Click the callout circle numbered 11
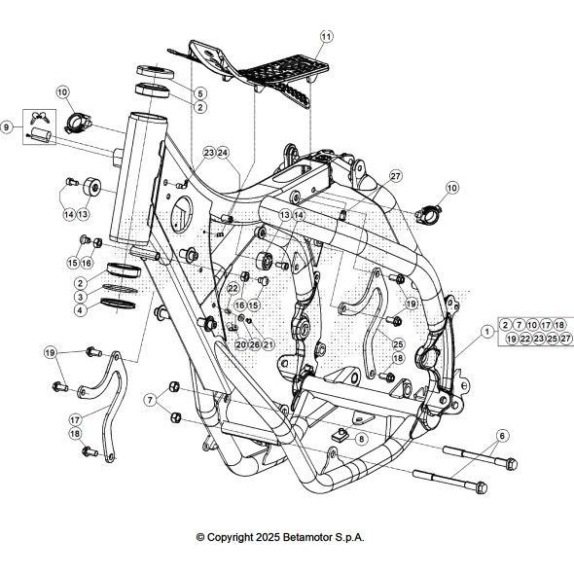tap(327, 36)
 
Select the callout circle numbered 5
tap(199, 93)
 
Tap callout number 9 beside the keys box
tap(6, 127)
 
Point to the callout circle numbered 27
tap(395, 176)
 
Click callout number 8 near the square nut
tap(361, 439)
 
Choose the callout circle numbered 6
tap(502, 436)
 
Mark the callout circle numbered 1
tap(486, 332)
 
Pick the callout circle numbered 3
tap(81, 296)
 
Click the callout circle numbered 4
tap(81, 310)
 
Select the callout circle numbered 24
tap(223, 153)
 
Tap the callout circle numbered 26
tap(255, 344)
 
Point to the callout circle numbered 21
tap(269, 344)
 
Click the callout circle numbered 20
tap(240, 344)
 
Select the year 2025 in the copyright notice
tap(268, 537)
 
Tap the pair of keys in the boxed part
tap(40, 117)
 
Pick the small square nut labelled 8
tap(340, 435)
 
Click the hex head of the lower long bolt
tap(482, 488)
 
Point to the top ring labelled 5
tap(156, 71)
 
